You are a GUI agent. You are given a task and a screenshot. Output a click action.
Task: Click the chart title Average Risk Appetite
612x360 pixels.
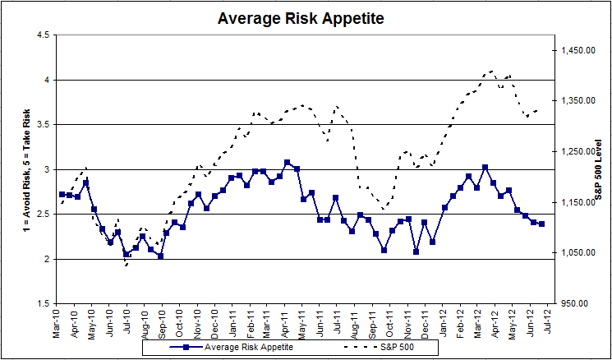tap(301, 16)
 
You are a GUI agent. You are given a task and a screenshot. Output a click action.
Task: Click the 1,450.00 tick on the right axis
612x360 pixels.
tap(577, 51)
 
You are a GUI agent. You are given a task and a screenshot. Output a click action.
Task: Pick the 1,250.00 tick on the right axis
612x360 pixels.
tap(577, 152)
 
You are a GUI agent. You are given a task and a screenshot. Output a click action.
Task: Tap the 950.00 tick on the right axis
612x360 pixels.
tap(580, 303)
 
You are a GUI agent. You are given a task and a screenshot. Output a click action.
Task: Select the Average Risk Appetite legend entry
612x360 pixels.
tap(234, 347)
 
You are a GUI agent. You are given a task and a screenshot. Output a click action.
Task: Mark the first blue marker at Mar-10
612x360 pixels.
tap(62, 195)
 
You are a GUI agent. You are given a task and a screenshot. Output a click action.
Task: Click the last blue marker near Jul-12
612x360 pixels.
tap(541, 224)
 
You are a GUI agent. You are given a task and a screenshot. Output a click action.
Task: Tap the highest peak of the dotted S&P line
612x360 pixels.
tap(491, 71)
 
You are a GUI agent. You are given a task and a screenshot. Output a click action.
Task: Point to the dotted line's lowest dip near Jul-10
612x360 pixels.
tap(127, 265)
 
